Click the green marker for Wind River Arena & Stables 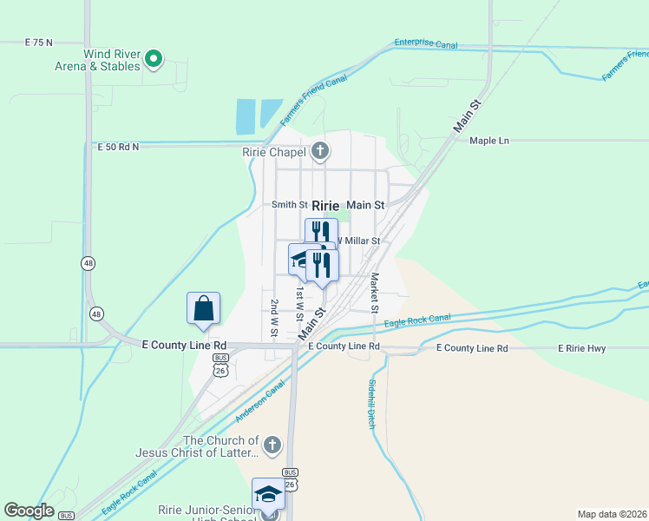click(154, 59)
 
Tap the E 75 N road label click(39, 42)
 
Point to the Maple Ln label click(488, 141)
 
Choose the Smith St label click(290, 205)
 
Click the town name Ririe click(324, 206)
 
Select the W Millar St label click(358, 241)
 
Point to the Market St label click(374, 293)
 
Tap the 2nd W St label click(273, 318)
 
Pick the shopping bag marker click(203, 308)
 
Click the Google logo click(29, 511)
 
